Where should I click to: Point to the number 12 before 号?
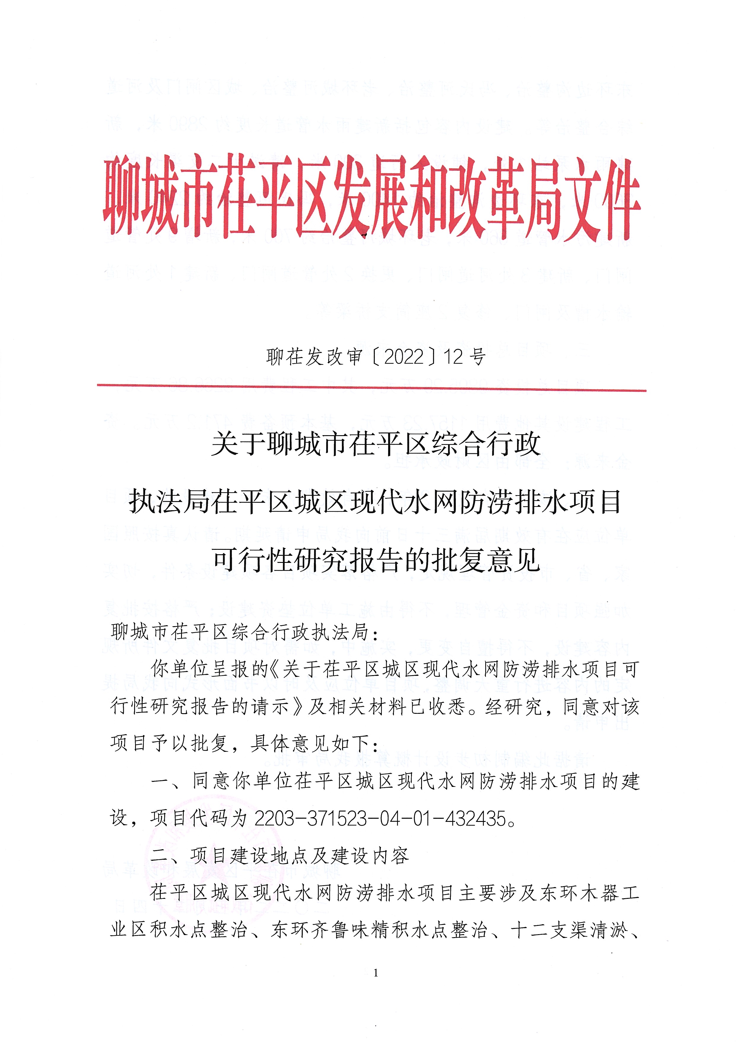(x=453, y=357)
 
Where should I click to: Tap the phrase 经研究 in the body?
(x=514, y=707)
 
